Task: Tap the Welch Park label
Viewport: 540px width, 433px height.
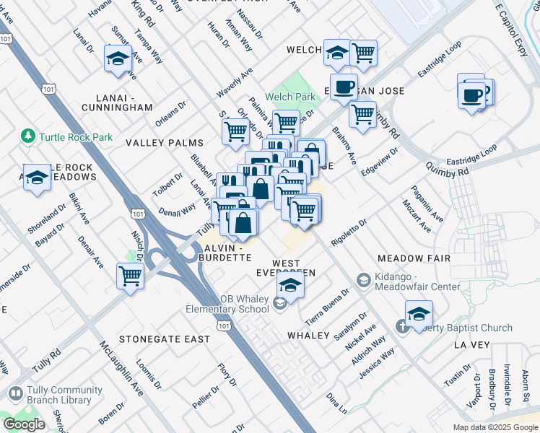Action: tap(290, 97)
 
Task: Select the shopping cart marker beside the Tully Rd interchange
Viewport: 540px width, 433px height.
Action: tap(131, 276)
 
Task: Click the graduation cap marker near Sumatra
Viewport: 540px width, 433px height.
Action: tap(116, 58)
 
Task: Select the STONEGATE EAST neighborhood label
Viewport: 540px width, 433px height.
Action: tap(165, 338)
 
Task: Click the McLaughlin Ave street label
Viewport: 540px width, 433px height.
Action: tap(122, 369)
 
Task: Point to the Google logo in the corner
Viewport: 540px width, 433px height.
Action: tap(24, 424)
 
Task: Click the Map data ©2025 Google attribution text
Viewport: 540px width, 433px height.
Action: tap(495, 427)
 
